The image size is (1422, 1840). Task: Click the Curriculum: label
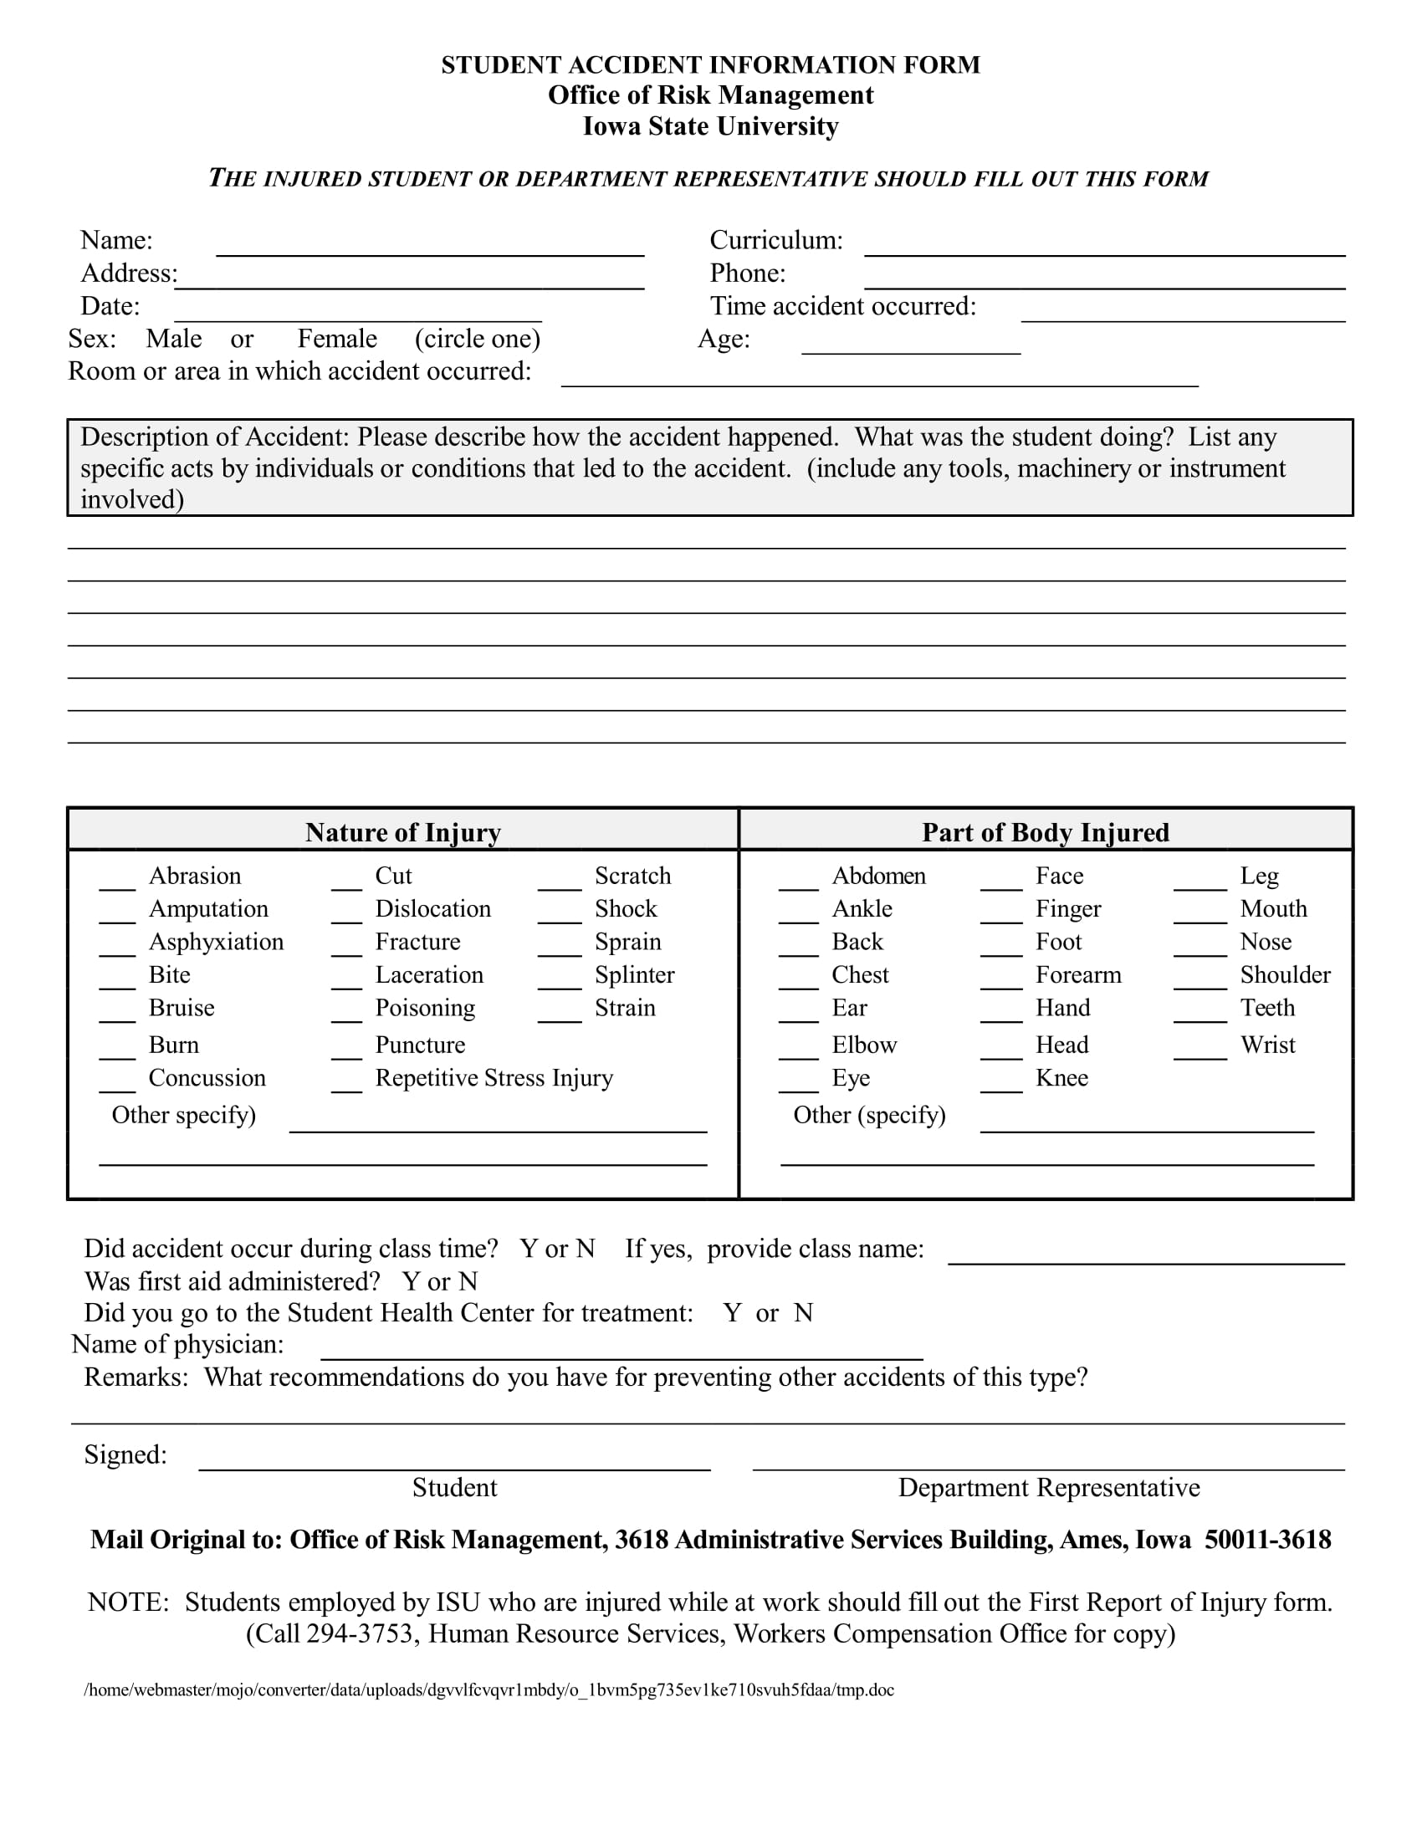click(x=775, y=241)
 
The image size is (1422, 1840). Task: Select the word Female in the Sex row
click(x=337, y=339)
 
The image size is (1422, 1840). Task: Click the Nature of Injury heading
click(x=402, y=832)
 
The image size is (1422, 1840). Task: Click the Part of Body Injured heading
click(x=1045, y=832)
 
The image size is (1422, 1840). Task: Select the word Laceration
click(x=429, y=974)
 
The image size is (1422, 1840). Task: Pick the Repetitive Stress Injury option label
click(x=494, y=1077)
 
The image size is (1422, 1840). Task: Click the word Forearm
click(x=1077, y=974)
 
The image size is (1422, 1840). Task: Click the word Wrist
click(x=1267, y=1045)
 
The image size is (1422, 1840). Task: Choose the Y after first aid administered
click(x=411, y=1281)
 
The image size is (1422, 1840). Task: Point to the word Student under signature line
click(x=454, y=1488)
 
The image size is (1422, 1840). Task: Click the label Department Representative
click(x=1048, y=1488)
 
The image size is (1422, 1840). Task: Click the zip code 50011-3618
click(x=1267, y=1540)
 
